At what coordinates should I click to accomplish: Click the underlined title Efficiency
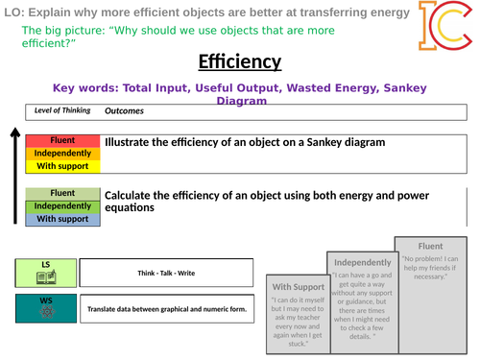pos(239,62)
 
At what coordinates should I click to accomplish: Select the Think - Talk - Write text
pos(168,274)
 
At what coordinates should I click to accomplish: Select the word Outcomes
pos(124,109)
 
